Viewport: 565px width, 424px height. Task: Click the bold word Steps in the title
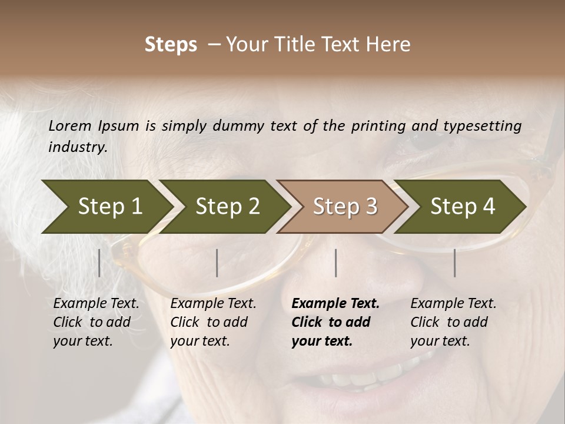pos(171,45)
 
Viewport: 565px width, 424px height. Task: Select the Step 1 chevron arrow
pos(109,207)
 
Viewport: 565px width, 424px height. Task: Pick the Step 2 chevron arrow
pos(227,207)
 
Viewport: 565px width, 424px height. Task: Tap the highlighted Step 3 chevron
pos(345,207)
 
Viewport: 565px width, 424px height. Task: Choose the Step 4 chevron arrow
pos(463,207)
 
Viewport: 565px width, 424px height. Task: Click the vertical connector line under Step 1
pos(99,263)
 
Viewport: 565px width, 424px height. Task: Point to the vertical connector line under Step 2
pos(217,263)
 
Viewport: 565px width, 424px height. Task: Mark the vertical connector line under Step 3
pos(336,263)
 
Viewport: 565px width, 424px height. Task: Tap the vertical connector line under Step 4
pos(455,263)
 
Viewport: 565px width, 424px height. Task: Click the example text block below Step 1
pos(96,322)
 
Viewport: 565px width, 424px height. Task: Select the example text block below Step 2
pos(213,322)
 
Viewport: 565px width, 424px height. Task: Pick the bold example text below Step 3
pos(335,322)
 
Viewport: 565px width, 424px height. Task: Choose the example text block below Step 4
pos(453,322)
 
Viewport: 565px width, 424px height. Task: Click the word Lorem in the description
pos(70,126)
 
